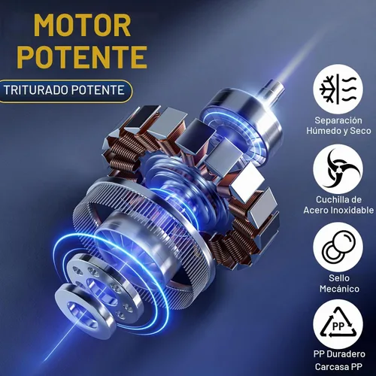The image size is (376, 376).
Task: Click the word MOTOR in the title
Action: pyautogui.click(x=82, y=26)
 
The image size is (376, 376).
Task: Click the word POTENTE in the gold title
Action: pyautogui.click(x=82, y=57)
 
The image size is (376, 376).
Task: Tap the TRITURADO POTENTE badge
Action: pyautogui.click(x=65, y=90)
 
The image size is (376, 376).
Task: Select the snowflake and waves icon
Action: pyautogui.click(x=338, y=89)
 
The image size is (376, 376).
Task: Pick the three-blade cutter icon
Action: pyautogui.click(x=338, y=168)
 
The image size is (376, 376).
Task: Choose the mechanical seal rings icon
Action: pyautogui.click(x=338, y=247)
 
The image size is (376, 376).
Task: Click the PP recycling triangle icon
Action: pyautogui.click(x=338, y=325)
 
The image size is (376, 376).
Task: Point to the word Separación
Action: pyautogui.click(x=338, y=120)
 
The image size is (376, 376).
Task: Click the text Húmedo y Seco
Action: pyautogui.click(x=338, y=131)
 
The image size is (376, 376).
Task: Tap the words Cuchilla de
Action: pyautogui.click(x=338, y=199)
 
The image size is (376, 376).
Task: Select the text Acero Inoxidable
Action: pyautogui.click(x=338, y=210)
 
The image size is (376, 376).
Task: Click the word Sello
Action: pyautogui.click(x=339, y=278)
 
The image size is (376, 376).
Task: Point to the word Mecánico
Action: pyautogui.click(x=339, y=289)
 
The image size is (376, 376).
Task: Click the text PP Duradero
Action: pyautogui.click(x=339, y=354)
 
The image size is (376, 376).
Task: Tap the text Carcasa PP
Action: pyautogui.click(x=338, y=367)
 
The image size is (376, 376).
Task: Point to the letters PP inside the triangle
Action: pyautogui.click(x=338, y=326)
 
